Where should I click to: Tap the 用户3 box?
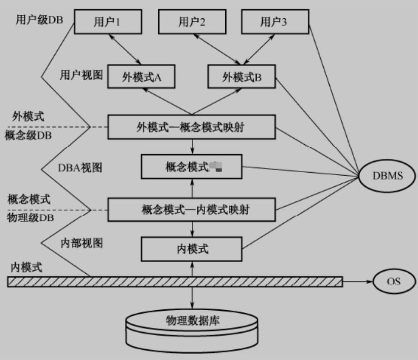273,22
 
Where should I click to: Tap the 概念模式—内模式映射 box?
192,209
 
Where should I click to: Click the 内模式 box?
191,249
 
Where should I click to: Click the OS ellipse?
394,281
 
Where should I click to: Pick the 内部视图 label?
81,243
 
